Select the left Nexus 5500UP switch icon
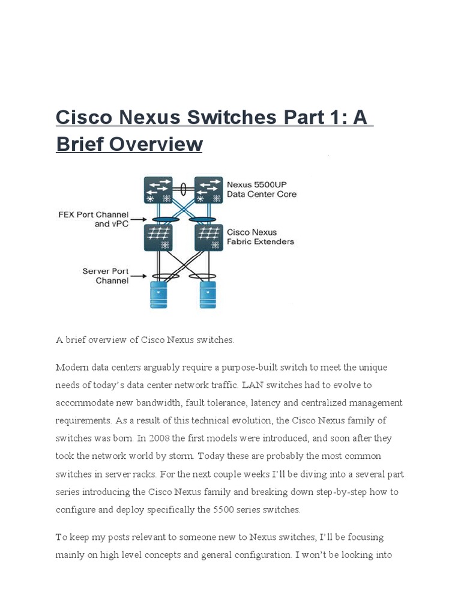pos(158,190)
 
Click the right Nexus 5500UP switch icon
pos(208,190)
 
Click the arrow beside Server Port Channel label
pos(139,276)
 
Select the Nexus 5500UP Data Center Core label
pos(261,189)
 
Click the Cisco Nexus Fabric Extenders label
pos(260,237)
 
